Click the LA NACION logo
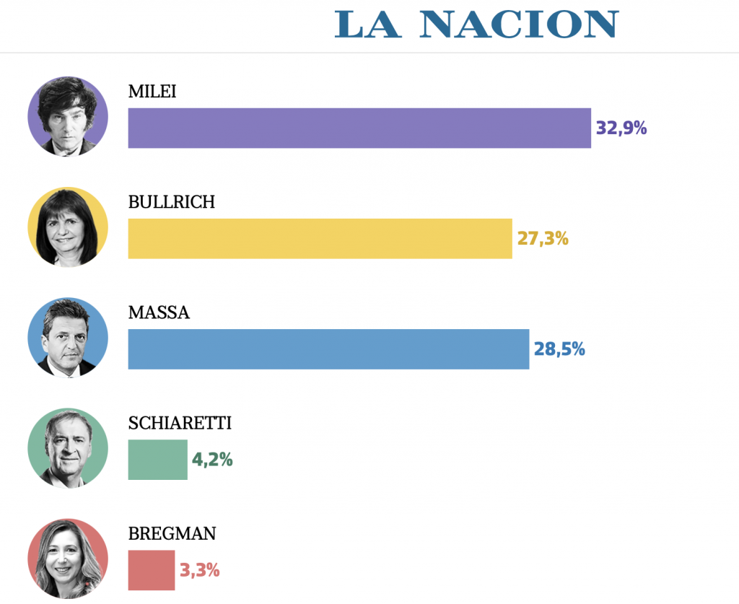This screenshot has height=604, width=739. coord(476,25)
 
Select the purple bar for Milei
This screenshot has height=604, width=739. coord(359,128)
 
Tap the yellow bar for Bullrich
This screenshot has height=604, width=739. coord(320,239)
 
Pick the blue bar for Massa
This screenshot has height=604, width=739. coord(328,349)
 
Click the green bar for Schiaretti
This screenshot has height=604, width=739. coord(157,460)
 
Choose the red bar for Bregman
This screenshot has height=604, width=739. coord(152,570)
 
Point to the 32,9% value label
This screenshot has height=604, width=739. coord(621,128)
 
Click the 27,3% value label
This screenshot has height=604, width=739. coord(543,239)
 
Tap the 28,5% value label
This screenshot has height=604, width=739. coord(559,349)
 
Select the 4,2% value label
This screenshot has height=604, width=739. coord(212,460)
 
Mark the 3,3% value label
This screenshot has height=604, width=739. coord(199,570)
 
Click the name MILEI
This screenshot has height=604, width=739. coord(152,92)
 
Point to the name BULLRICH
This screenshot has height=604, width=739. coord(172,202)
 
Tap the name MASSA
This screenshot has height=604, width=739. coord(159,312)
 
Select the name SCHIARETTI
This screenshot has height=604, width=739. coord(180,423)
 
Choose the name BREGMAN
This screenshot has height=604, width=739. coord(172,534)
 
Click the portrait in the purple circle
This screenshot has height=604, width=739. coord(68,117)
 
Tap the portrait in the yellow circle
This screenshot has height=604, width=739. coord(68,227)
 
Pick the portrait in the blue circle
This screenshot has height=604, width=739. coord(68,338)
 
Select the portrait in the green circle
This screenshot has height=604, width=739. coord(68,448)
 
